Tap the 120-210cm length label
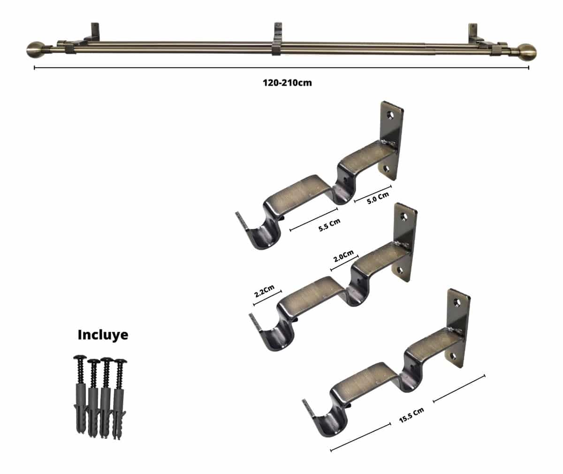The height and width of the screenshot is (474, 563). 287,83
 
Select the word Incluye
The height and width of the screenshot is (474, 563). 103,335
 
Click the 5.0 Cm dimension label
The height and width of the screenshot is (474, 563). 378,198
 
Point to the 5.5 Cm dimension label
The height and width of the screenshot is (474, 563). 329,225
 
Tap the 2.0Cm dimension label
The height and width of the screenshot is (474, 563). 343,256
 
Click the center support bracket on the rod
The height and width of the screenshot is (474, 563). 277,39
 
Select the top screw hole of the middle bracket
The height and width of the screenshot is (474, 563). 404,216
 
